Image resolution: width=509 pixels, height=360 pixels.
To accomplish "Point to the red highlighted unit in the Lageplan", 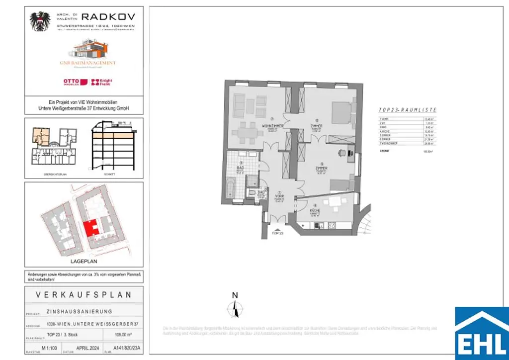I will [x=90, y=229].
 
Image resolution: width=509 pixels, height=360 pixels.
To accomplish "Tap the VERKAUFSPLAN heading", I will [x=84, y=294].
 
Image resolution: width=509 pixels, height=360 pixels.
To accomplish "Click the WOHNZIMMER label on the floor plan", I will [x=273, y=127].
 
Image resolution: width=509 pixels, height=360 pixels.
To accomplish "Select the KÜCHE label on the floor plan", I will [x=315, y=211].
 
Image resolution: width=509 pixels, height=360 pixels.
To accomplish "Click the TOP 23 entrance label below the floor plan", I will [x=278, y=232].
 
